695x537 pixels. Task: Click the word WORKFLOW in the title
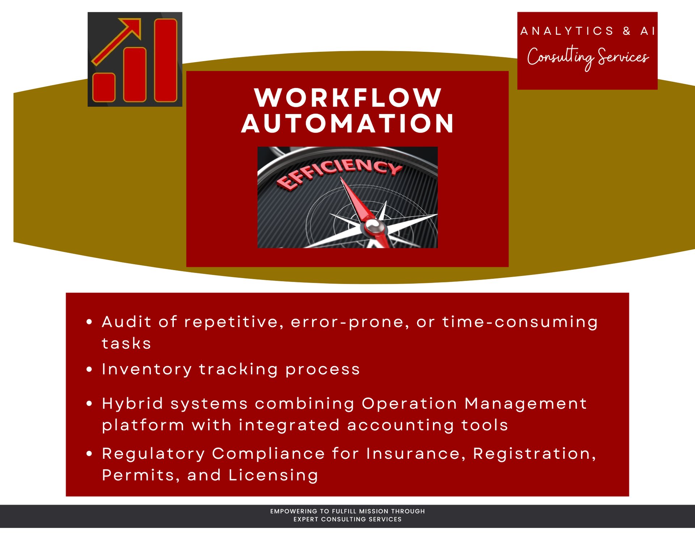347,98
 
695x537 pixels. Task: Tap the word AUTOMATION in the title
347,123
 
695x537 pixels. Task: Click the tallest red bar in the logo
166,60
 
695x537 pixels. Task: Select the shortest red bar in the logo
104,87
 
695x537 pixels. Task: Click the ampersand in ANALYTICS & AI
627,31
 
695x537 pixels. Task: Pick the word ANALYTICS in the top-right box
567,31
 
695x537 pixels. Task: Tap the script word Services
623,57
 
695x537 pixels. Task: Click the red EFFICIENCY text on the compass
338,172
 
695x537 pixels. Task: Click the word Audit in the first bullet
126,322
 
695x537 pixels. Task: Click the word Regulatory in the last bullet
153,454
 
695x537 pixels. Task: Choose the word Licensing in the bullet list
273,475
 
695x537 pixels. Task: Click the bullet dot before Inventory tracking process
89,369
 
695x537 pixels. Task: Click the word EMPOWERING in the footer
294,511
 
